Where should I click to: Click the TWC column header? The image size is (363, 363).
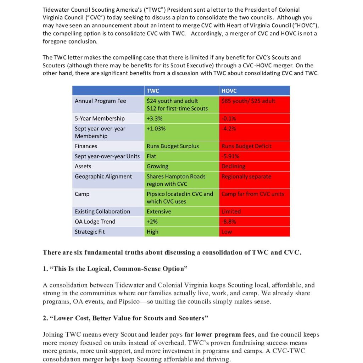tap(153, 91)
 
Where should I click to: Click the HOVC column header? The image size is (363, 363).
tap(229, 91)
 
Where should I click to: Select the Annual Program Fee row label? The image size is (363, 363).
tap(100, 101)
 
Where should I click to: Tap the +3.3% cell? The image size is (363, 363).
tap(155, 118)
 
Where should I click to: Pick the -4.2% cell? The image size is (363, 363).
tap(229, 129)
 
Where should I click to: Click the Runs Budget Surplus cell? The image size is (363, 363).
tap(173, 146)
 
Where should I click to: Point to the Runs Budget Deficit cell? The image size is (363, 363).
tap(247, 146)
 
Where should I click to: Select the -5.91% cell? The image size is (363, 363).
tap(230, 156)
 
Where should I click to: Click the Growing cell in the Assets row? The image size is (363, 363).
tap(157, 166)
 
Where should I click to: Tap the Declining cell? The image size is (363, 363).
tap(233, 166)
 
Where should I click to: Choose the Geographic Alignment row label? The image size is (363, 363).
tap(103, 177)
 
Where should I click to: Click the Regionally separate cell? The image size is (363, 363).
tap(246, 177)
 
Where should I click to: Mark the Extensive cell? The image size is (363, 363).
tap(159, 212)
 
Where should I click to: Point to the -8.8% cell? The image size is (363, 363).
tap(229, 222)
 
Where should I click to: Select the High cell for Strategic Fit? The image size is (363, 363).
tap(152, 232)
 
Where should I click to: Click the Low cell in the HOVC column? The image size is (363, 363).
tap(227, 232)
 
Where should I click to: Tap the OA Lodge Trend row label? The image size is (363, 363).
tap(95, 222)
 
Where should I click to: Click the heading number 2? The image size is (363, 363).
tap(45, 318)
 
